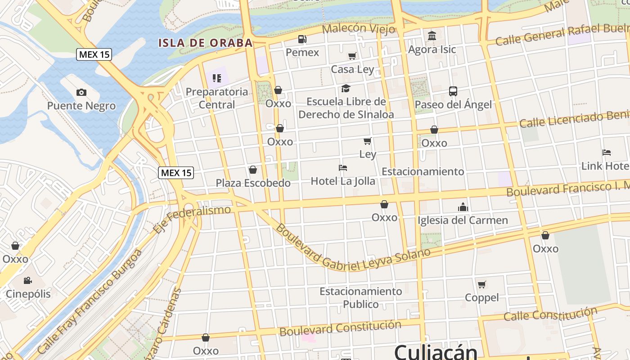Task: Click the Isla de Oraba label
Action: pyautogui.click(x=205, y=43)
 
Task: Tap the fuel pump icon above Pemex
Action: pyautogui.click(x=302, y=39)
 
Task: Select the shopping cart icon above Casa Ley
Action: pyautogui.click(x=352, y=56)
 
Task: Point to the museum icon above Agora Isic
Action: pyautogui.click(x=432, y=36)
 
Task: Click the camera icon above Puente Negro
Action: pyautogui.click(x=81, y=93)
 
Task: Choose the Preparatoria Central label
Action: pyautogui.click(x=217, y=98)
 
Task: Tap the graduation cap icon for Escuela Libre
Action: pyautogui.click(x=346, y=88)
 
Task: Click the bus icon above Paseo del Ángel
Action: pyautogui.click(x=453, y=91)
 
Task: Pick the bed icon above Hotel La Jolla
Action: pyautogui.click(x=343, y=168)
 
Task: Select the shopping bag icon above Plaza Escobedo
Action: pyautogui.click(x=253, y=170)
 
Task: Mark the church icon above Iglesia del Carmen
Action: pyautogui.click(x=463, y=207)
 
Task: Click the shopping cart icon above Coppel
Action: pyautogui.click(x=482, y=284)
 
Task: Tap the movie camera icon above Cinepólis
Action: pyautogui.click(x=28, y=281)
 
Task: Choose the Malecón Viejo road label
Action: pyautogui.click(x=359, y=29)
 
